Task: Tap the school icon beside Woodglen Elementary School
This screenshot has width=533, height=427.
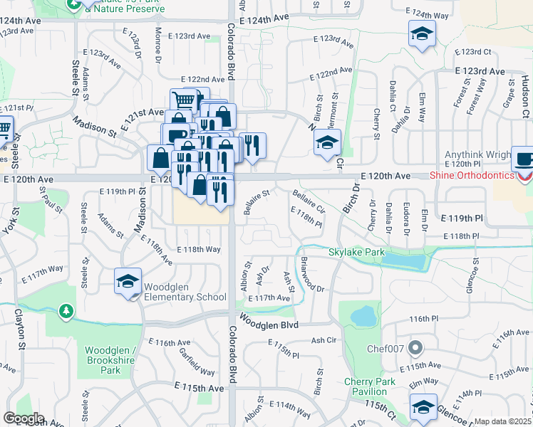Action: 128,280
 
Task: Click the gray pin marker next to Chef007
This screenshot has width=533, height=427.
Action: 416,349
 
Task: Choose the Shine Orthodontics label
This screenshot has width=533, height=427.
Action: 471,176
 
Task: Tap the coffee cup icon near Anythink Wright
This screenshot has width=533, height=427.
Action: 524,159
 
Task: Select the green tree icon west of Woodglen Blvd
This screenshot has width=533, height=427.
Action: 66,311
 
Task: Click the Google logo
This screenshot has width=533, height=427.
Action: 23,418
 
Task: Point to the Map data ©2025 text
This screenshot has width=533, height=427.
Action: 503,421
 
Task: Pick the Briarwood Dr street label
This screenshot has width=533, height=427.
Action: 312,275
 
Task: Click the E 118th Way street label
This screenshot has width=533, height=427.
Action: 198,250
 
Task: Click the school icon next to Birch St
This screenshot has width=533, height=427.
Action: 327,143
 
